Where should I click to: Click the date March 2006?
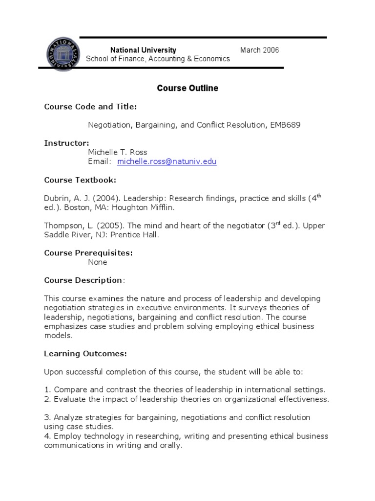pyautogui.click(x=259, y=50)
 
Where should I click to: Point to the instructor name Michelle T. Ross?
pyautogui.click(x=117, y=152)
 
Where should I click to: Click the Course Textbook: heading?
pyautogui.click(x=80, y=180)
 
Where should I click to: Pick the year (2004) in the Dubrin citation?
pyautogui.click(x=106, y=198)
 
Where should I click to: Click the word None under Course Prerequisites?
pyautogui.click(x=97, y=262)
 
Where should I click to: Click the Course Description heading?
pyautogui.click(x=83, y=280)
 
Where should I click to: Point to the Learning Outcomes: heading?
pyautogui.click(x=85, y=353)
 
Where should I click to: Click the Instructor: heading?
pyautogui.click(x=66, y=143)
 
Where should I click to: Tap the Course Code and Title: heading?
pyautogui.click(x=90, y=106)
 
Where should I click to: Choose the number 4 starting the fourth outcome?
pyautogui.click(x=46, y=436)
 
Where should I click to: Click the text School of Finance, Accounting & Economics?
pyautogui.click(x=158, y=59)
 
